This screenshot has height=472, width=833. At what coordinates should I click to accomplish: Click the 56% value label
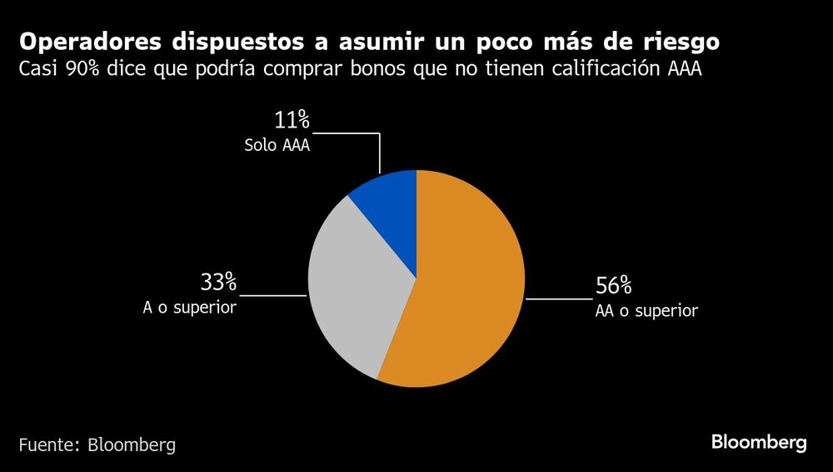(613, 286)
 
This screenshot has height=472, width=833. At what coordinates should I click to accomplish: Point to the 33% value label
(218, 283)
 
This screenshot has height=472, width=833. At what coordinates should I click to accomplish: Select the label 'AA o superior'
(646, 311)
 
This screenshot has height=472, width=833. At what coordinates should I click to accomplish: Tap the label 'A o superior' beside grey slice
(190, 308)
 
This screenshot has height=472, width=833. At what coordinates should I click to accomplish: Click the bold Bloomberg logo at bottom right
(759, 443)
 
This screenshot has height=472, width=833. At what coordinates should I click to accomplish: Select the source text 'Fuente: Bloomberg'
(97, 444)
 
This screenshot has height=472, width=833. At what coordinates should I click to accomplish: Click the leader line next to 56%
(558, 298)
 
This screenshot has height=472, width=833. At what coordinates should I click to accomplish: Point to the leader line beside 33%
(273, 294)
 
